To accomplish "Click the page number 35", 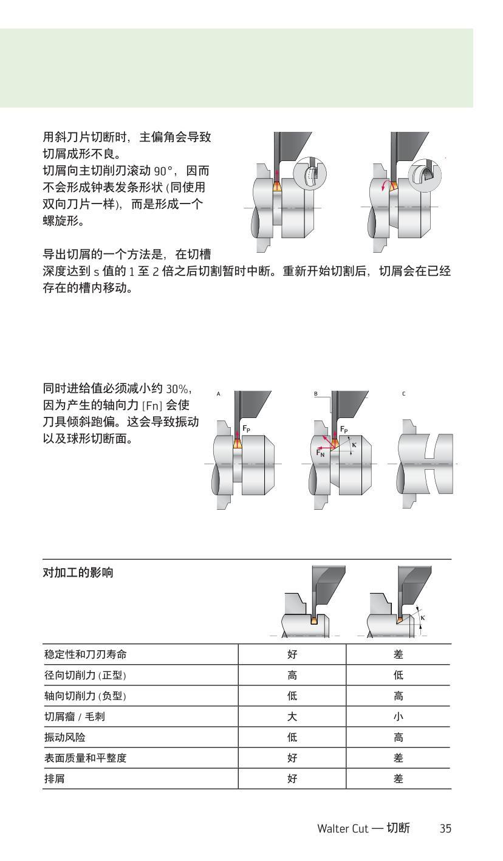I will tap(445, 828).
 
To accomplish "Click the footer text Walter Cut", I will tap(343, 828).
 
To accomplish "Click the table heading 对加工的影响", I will tap(78, 573).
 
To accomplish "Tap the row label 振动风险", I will tap(64, 737).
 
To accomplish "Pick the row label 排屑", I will tap(53, 778).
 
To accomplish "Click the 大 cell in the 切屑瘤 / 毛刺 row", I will tap(292, 716).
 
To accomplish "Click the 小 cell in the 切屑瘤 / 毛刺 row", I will tap(399, 716).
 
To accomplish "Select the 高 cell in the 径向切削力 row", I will tap(292, 675).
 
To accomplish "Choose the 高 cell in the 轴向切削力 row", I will tap(399, 696).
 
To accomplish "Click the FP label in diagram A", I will tap(247, 428).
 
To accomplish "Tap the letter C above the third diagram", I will tap(403, 394).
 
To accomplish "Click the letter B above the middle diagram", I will tap(316, 394).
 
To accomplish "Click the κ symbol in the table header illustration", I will tap(423, 617).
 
